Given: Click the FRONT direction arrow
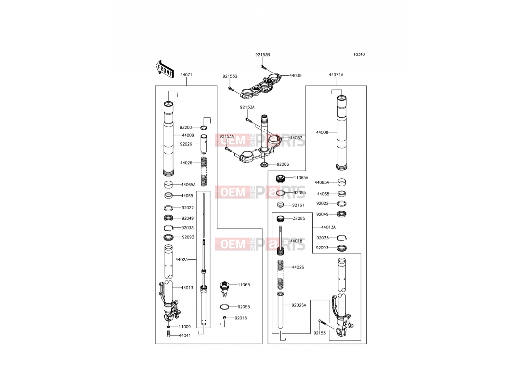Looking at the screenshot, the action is [x=165, y=69].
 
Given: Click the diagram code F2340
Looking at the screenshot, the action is [x=359, y=55].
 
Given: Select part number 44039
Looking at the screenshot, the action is [x=295, y=75].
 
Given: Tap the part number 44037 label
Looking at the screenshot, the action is [x=296, y=137].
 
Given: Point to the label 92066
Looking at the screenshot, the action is [x=283, y=164].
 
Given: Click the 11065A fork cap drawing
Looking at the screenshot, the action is [x=280, y=178].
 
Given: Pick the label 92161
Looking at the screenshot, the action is [x=298, y=205].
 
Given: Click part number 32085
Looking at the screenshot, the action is [x=299, y=218].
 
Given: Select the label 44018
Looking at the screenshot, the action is [x=296, y=241].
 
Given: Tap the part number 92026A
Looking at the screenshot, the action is [x=299, y=305].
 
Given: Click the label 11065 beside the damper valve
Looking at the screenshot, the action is [x=244, y=285].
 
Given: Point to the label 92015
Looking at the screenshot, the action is [x=241, y=318].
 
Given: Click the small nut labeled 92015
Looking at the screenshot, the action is [x=225, y=318].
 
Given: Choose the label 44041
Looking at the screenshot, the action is [x=185, y=335].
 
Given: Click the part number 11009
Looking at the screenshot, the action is [x=185, y=327].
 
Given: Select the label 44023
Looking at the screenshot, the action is [x=181, y=260].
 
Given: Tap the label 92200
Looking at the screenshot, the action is [x=186, y=127].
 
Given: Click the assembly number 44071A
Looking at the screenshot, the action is [x=336, y=75].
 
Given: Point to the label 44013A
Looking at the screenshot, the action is [x=328, y=227].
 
